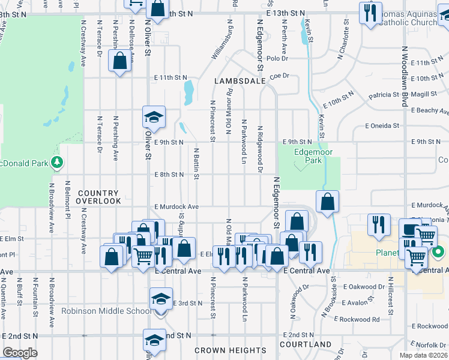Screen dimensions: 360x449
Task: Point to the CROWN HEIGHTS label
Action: click(231, 350)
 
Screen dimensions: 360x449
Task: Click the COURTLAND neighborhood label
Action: click(306, 344)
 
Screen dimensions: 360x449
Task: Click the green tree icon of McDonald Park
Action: click(58, 162)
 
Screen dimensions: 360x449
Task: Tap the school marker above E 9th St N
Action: click(154, 116)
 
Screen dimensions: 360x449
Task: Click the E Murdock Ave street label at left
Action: click(176, 206)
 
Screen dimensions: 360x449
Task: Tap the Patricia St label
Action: click(384, 95)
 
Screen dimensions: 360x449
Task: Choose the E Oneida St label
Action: click(382, 126)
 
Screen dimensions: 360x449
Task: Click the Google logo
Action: click(20, 353)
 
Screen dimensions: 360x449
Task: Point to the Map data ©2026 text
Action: click(423, 355)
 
